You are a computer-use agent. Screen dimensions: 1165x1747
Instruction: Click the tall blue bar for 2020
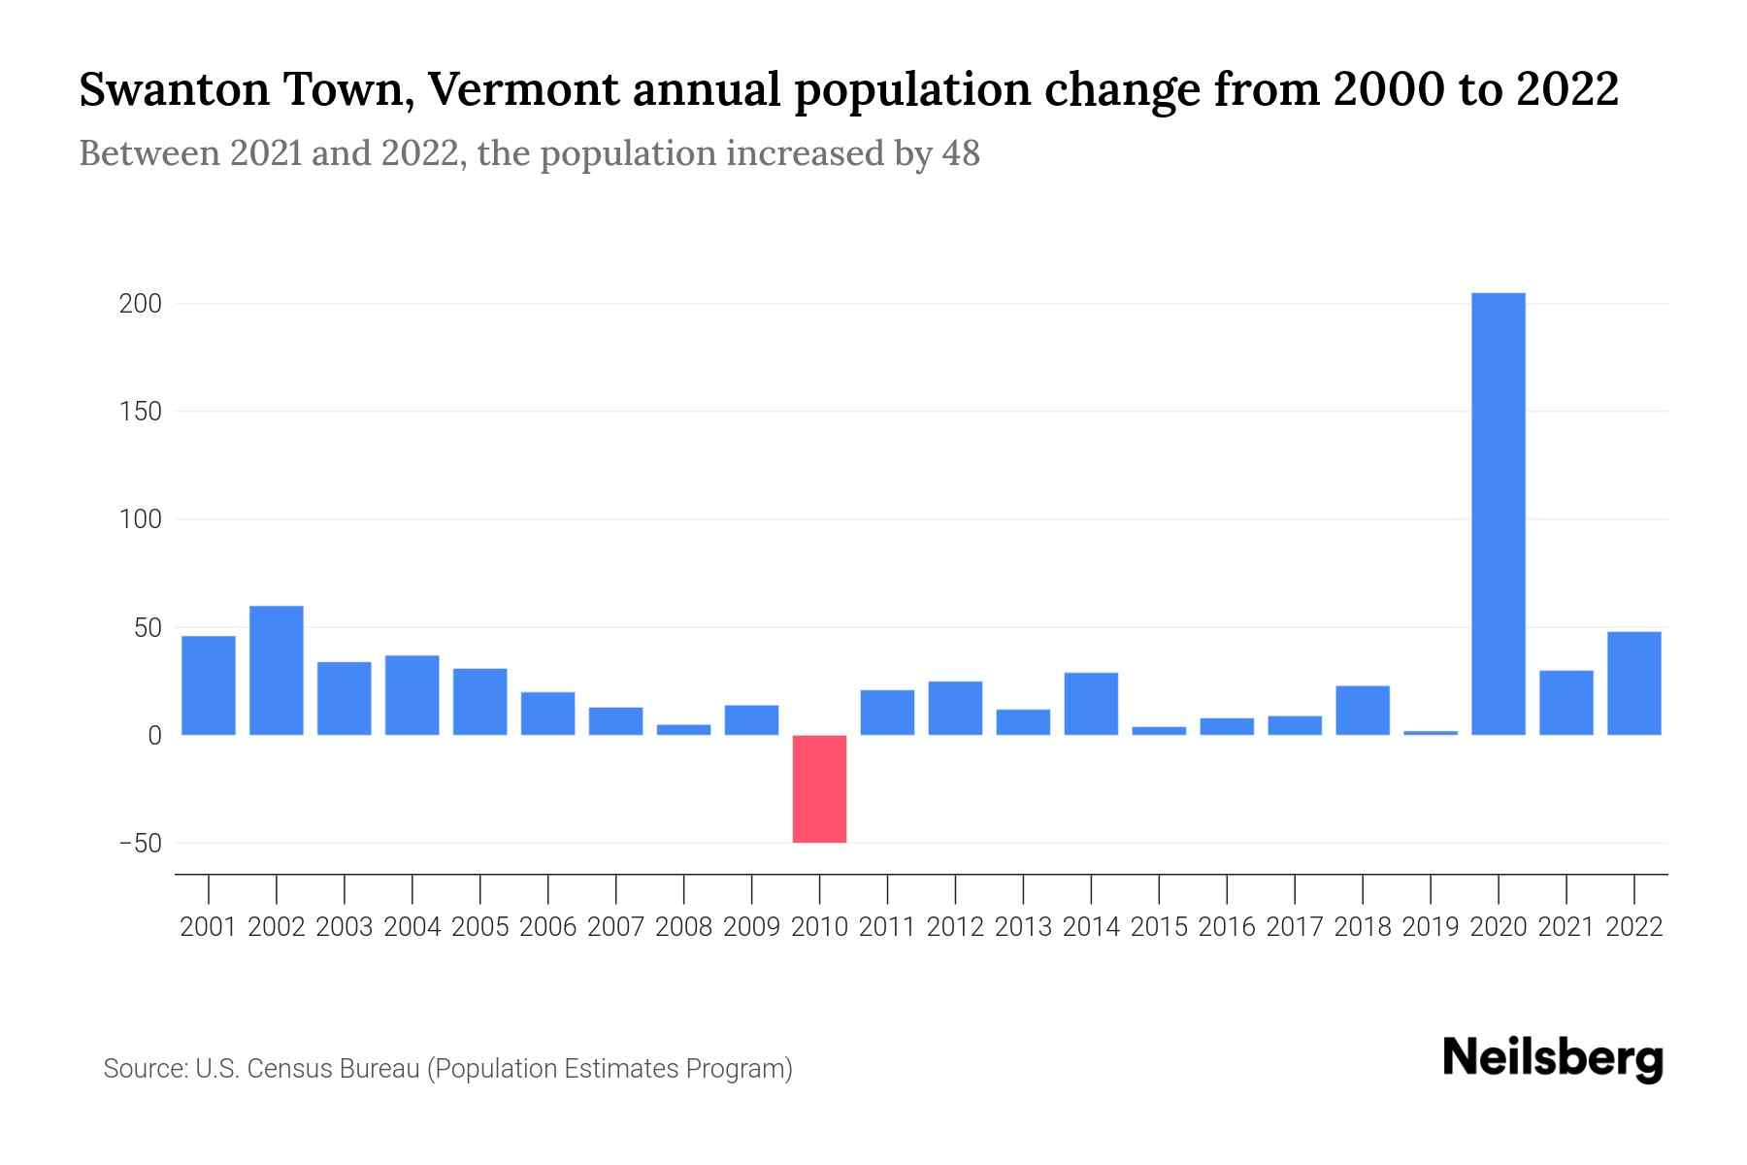[x=1498, y=515]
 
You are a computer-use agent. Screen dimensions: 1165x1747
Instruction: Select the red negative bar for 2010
[x=819, y=788]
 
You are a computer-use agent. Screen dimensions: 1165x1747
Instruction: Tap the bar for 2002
[x=277, y=670]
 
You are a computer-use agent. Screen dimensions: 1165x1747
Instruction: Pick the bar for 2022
[x=1633, y=683]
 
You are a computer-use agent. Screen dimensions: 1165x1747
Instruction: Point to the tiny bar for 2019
[x=1430, y=733]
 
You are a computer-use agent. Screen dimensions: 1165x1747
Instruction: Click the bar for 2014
[x=1091, y=704]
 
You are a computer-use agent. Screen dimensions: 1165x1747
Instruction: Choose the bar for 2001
[x=209, y=685]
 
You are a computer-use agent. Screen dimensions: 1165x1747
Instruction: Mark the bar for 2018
[x=1362, y=711]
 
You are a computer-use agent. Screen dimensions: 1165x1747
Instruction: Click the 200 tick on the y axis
[x=140, y=304]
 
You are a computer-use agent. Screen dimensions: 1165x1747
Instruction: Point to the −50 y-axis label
[x=140, y=844]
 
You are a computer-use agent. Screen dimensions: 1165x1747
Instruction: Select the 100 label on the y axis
[x=140, y=520]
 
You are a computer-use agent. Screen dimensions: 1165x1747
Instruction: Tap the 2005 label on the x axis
[x=480, y=927]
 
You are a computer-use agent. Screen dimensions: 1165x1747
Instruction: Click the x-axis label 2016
[x=1227, y=927]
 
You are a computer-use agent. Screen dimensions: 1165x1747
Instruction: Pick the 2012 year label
[x=955, y=927]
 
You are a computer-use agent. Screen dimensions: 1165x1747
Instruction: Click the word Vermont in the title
[x=521, y=90]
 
